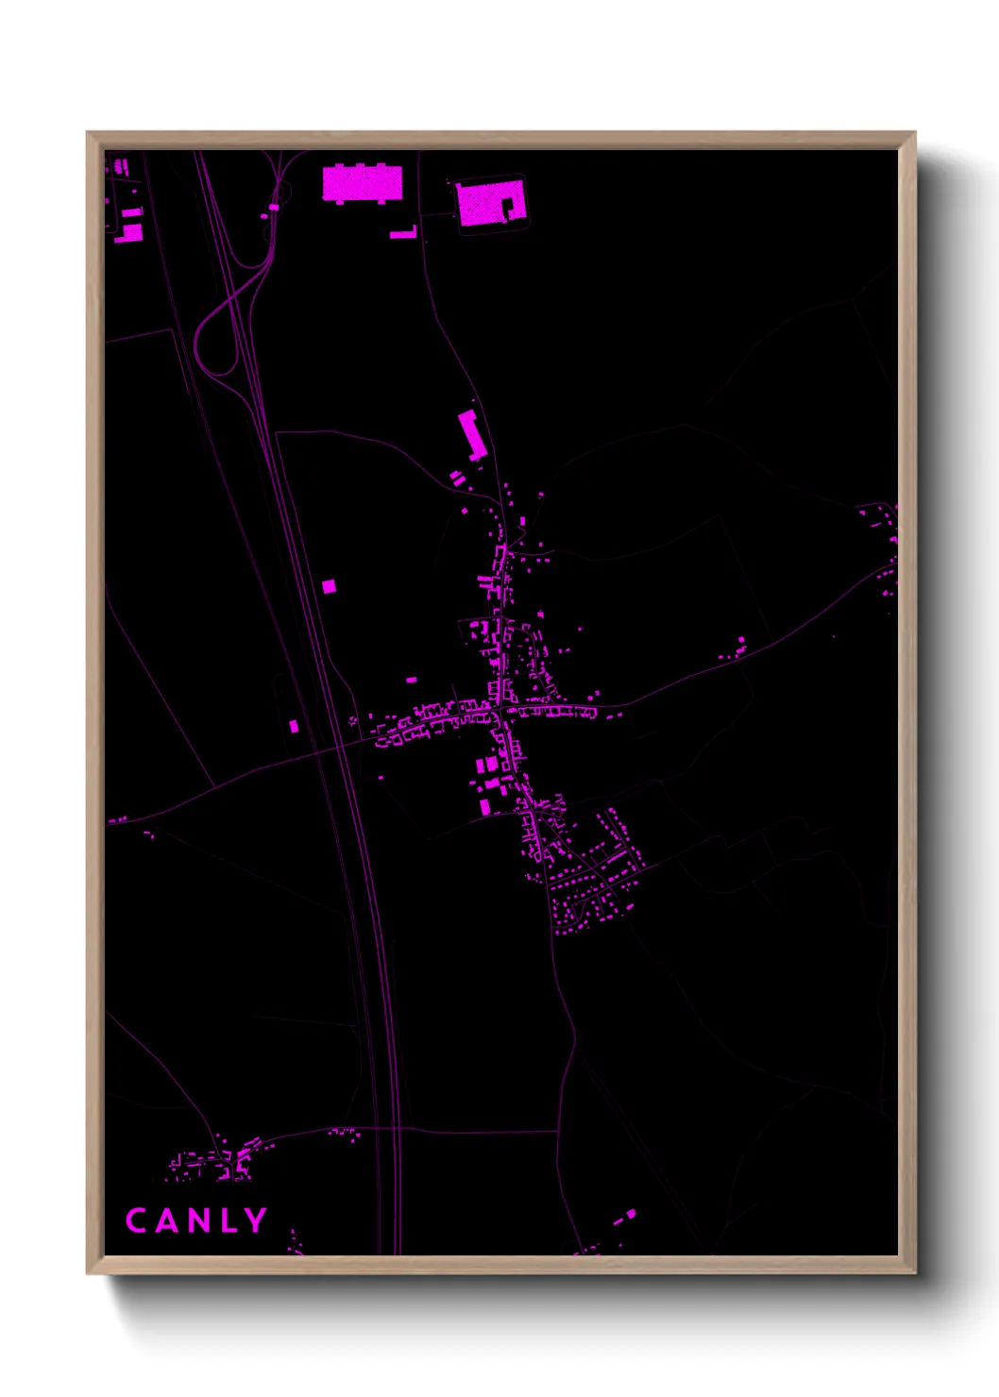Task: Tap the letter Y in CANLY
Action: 255,1220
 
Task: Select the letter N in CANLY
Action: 196,1220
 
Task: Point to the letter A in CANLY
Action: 166,1220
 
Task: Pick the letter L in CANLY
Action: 227,1220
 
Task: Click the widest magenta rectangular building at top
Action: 363,184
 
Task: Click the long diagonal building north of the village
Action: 471,434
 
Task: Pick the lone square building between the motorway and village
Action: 329,587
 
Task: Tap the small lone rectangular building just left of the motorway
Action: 294,726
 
